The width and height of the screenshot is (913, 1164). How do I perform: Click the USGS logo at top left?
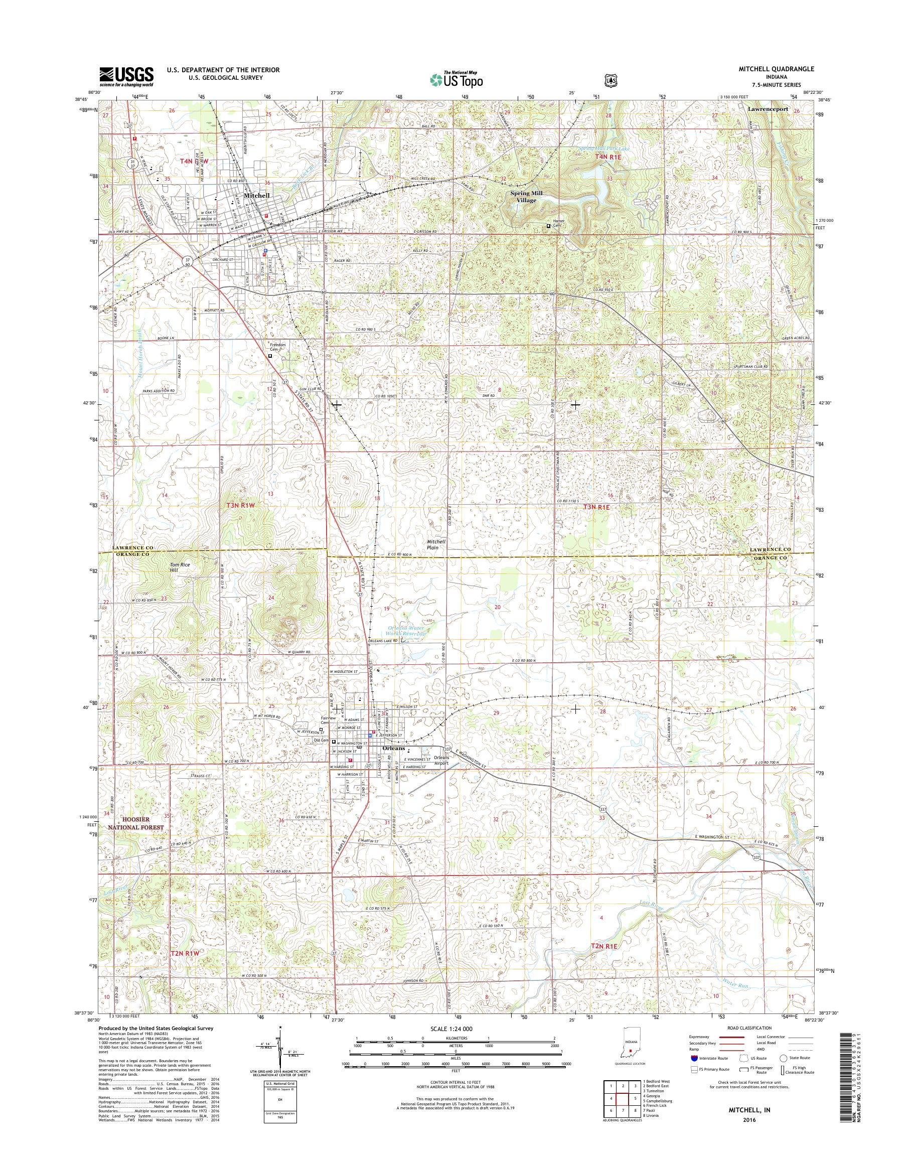coord(126,76)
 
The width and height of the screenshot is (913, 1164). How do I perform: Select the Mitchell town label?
coord(256,196)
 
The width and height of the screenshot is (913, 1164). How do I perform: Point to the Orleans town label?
coord(394,748)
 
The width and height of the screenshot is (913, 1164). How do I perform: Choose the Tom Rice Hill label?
coord(180,568)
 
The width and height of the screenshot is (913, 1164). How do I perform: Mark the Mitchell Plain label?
coord(436,544)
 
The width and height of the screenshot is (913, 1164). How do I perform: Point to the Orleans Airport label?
coord(441,760)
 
